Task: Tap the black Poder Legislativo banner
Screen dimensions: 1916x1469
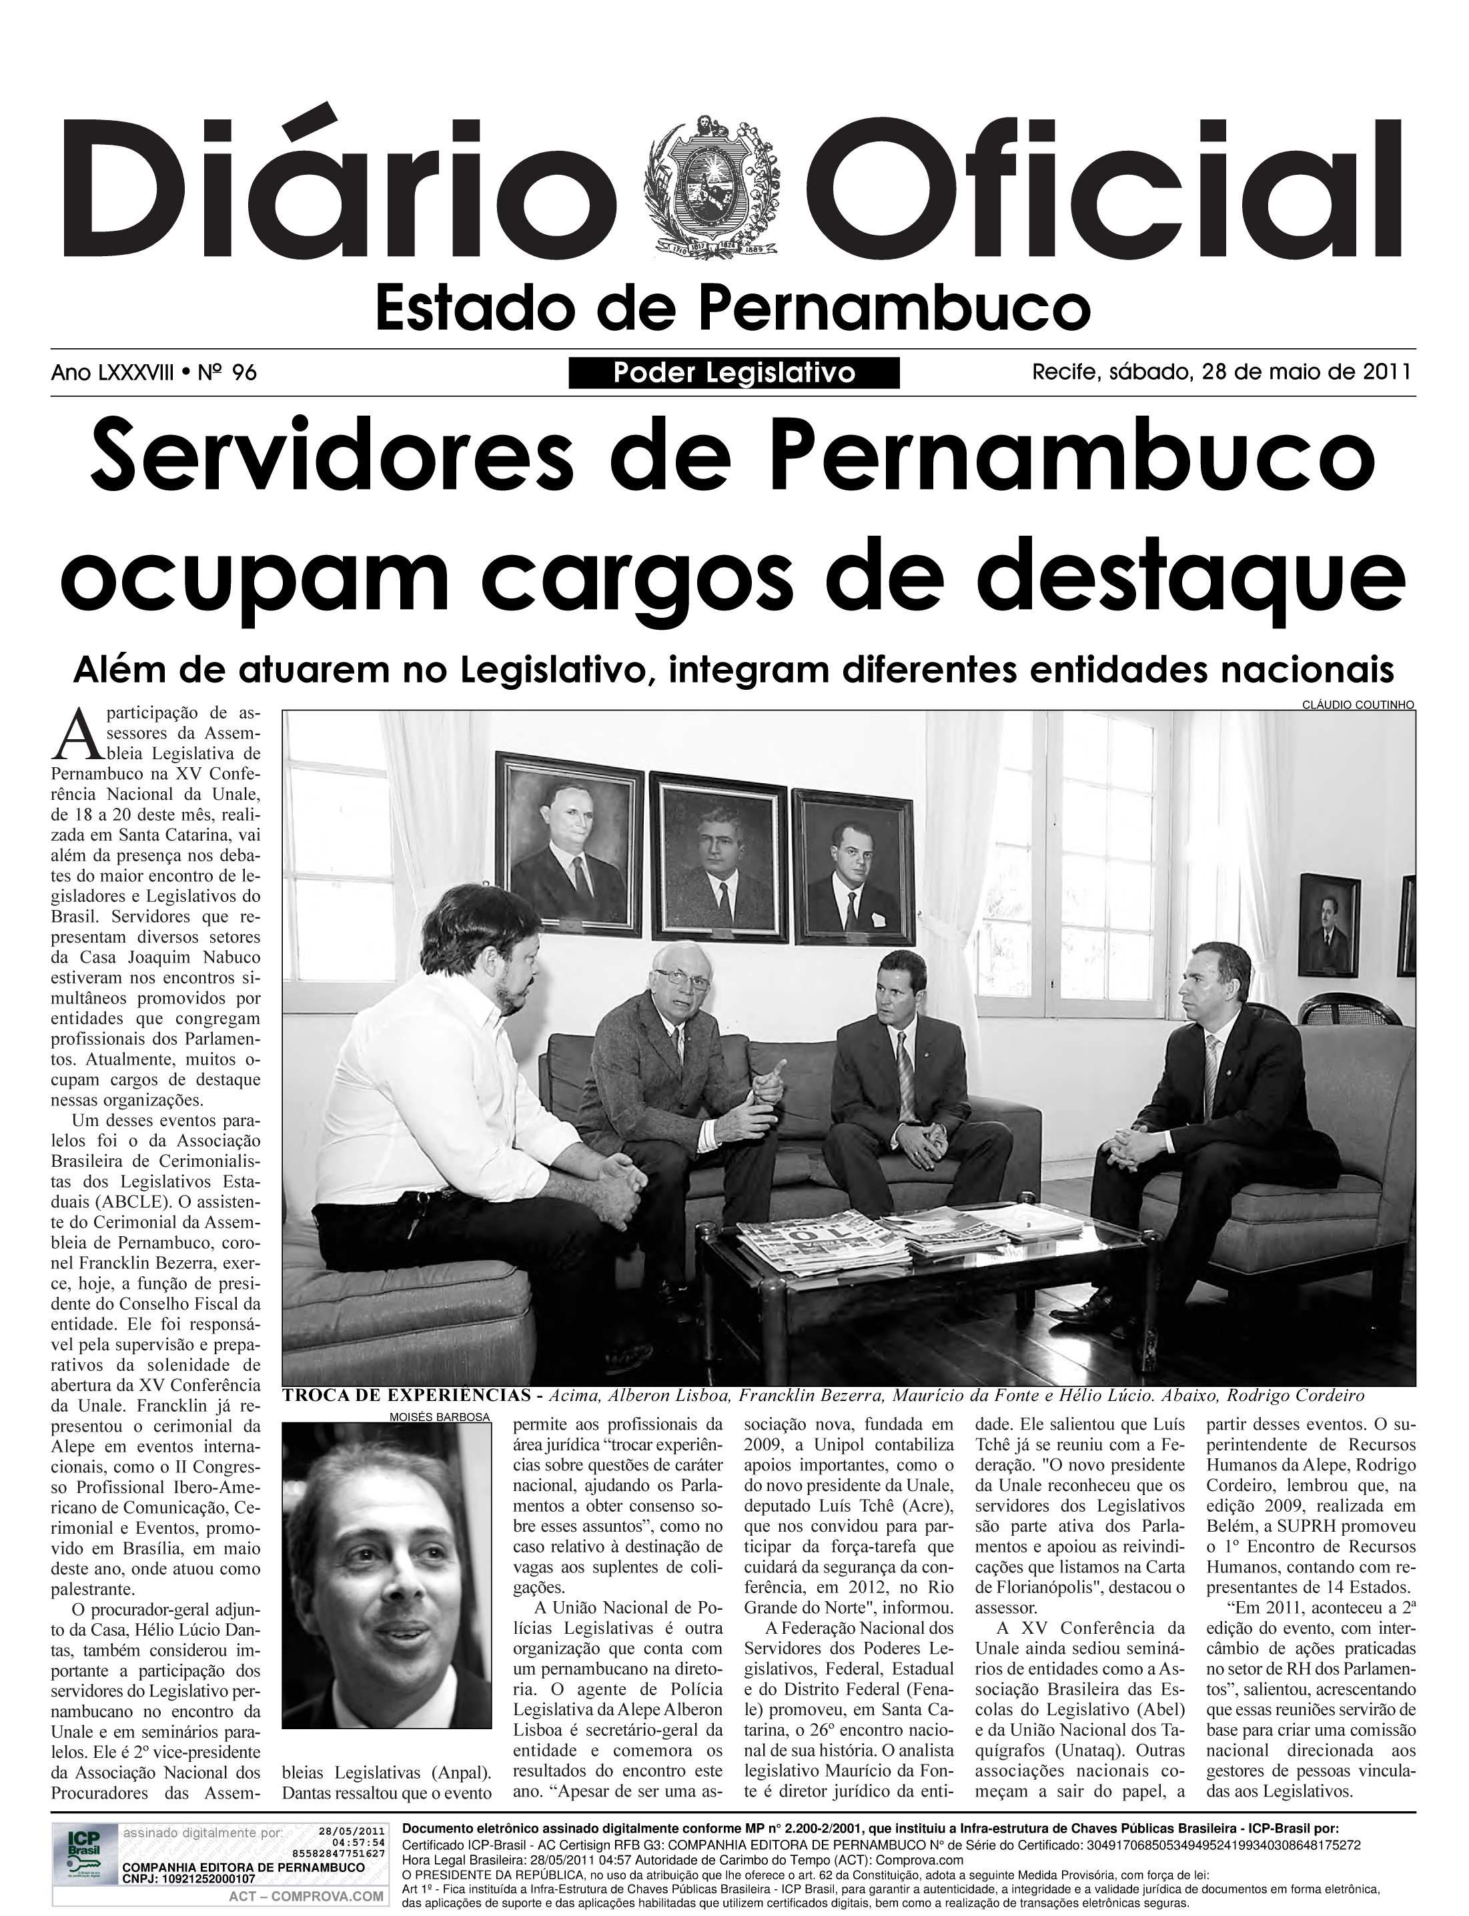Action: coord(734,374)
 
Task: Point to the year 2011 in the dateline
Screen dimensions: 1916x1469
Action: coord(1388,372)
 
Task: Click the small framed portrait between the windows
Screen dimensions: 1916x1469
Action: coord(1328,925)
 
